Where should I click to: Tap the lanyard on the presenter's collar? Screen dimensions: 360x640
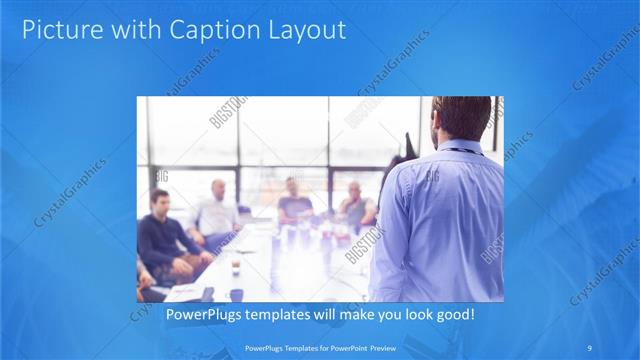459,151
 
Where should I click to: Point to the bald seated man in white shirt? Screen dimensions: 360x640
217,211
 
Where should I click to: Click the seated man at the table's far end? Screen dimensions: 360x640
293,200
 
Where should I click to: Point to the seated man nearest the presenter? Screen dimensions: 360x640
355,206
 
